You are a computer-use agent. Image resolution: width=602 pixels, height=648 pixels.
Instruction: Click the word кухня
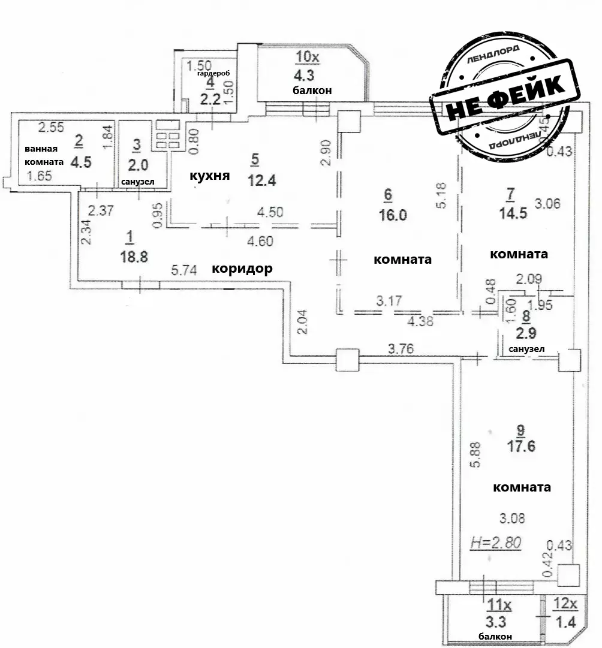click(210, 176)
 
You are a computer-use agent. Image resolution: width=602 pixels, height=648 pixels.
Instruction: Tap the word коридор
click(242, 269)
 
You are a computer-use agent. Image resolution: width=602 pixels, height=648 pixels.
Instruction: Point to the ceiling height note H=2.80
click(496, 542)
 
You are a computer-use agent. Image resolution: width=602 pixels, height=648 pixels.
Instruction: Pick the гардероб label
click(214, 73)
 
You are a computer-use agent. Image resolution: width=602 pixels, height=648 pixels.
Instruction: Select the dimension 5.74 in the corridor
click(185, 270)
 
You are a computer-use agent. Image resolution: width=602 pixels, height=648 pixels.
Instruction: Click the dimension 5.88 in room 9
click(474, 457)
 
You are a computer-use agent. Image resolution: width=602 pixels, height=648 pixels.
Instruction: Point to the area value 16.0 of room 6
click(392, 215)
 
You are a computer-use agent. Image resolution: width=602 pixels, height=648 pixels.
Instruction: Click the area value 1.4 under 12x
click(565, 622)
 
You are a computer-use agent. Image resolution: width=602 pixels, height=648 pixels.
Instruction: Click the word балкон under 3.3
click(495, 636)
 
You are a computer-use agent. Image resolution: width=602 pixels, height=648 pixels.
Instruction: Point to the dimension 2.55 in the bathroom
click(50, 127)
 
